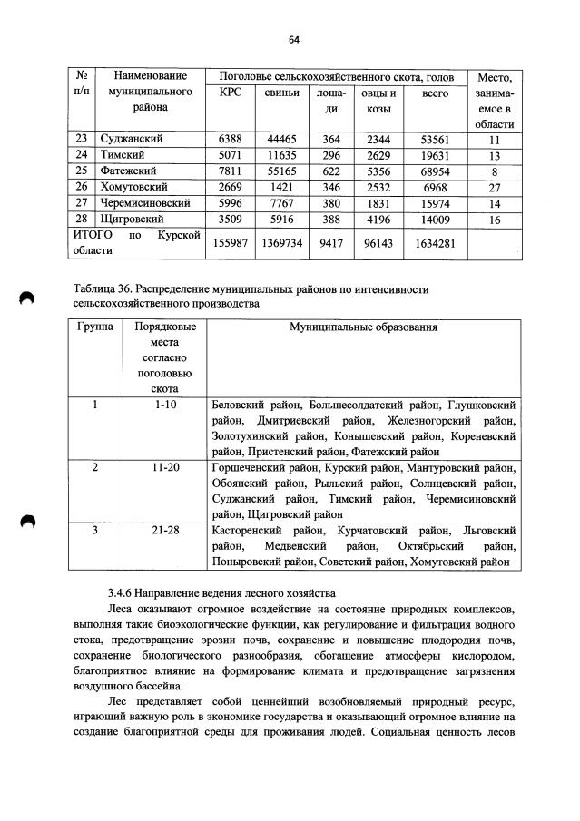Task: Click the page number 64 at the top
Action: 293,39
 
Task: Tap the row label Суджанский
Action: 133,139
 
